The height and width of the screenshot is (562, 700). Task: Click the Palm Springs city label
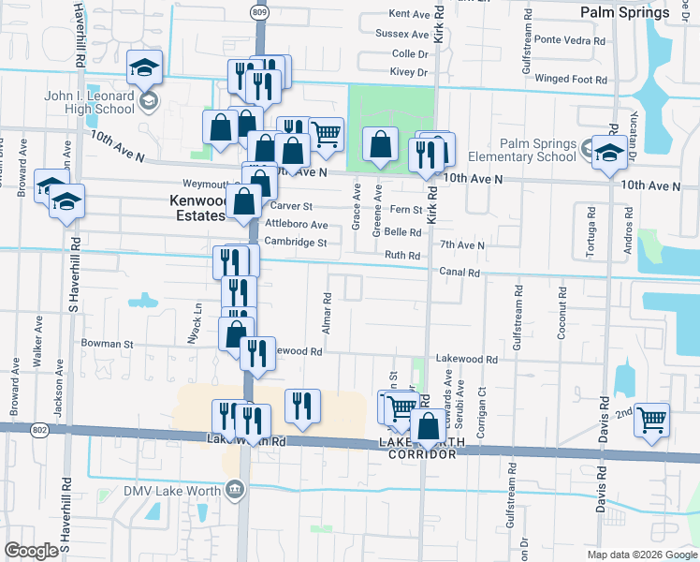[x=624, y=12]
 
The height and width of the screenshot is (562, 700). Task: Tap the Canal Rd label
[x=460, y=273]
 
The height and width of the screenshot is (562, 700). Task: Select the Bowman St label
[x=107, y=344]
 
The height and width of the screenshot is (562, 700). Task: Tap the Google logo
[x=31, y=551]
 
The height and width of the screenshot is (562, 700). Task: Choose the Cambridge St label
[x=295, y=243]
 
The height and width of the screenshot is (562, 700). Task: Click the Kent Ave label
[x=408, y=14]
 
